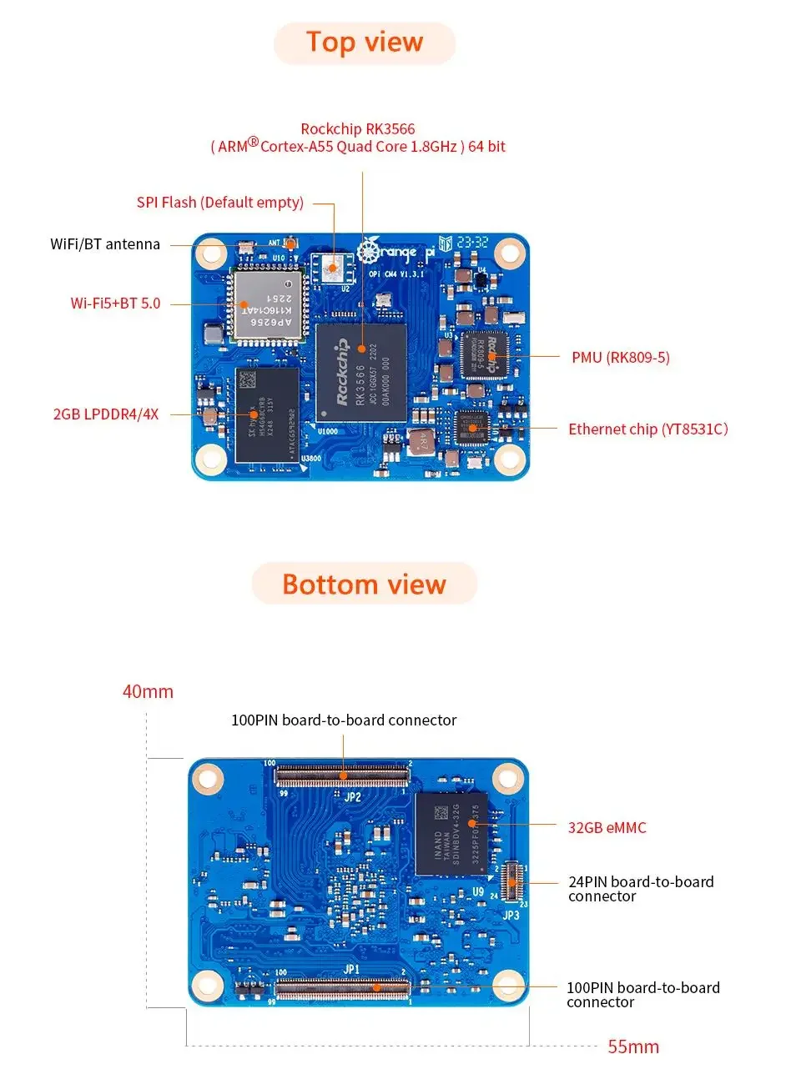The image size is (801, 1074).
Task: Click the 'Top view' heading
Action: (365, 43)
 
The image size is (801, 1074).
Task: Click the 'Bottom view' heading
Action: (364, 584)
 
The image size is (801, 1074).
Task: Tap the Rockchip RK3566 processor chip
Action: (360, 373)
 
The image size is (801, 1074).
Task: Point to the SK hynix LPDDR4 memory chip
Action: (266, 414)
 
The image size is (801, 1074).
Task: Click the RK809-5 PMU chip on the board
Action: (484, 356)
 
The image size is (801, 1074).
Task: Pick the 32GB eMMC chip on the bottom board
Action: (451, 833)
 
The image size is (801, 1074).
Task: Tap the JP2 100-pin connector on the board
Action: (342, 775)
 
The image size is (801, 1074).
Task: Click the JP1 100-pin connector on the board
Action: (342, 989)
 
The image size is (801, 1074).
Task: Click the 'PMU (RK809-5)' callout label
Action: (620, 358)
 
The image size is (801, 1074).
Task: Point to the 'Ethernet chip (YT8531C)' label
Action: (647, 429)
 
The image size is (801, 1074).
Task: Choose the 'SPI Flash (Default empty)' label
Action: (219, 203)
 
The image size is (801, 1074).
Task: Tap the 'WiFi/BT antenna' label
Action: (105, 244)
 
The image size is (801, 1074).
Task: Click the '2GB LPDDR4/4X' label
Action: (105, 414)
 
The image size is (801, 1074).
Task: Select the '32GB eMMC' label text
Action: (607, 828)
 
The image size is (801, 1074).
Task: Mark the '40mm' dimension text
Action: (148, 691)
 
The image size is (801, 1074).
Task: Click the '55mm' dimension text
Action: (633, 1046)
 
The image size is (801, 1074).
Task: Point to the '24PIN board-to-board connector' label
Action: (641, 889)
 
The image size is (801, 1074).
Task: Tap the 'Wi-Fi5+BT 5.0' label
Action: (115, 304)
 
